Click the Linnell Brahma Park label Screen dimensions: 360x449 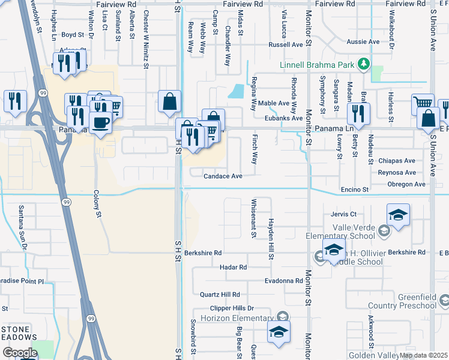pos(318,64)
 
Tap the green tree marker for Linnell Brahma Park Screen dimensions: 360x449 pos(363,64)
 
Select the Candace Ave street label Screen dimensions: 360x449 pos(223,176)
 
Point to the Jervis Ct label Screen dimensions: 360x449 pos(343,214)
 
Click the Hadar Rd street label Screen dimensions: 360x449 pos(233,267)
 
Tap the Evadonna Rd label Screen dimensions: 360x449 pos(284,281)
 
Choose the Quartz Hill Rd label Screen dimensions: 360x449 pos(220,295)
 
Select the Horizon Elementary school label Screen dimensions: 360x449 pos(237,318)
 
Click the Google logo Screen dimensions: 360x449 pos(19,353)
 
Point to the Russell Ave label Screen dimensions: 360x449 pos(286,44)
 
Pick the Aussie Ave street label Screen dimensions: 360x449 pos(364,42)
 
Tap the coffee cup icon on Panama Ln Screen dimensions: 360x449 pos(100,123)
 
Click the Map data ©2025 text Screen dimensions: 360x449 pos(423,355)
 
